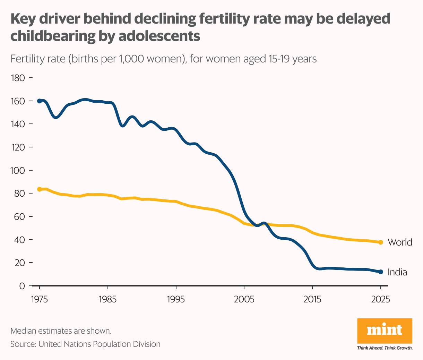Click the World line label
click(x=399, y=242)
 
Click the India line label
click(x=397, y=272)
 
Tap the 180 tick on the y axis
click(x=18, y=78)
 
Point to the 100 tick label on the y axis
click(x=18, y=170)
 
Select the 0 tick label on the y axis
click(x=22, y=286)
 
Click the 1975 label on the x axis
click(x=40, y=299)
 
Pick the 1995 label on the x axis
click(x=176, y=299)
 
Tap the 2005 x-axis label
click(x=244, y=299)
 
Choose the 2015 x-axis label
click(x=312, y=299)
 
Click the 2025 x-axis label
click(x=380, y=299)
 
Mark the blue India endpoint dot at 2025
click(x=380, y=272)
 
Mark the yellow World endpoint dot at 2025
click(x=380, y=242)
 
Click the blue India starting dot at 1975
click(x=40, y=101)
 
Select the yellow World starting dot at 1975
click(x=40, y=189)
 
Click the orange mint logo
click(x=385, y=331)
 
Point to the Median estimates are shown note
click(x=61, y=331)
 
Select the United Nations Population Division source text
click(x=99, y=344)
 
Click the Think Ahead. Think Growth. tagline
click(x=385, y=348)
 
